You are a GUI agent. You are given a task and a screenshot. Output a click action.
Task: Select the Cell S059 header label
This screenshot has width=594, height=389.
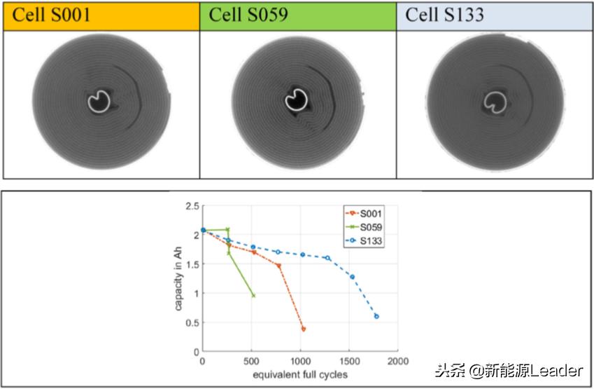[x=248, y=15]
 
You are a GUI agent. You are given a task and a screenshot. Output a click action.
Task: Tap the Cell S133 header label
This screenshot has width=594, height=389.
[x=444, y=15]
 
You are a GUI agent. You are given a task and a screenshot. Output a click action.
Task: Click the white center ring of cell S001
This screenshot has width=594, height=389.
[x=99, y=102]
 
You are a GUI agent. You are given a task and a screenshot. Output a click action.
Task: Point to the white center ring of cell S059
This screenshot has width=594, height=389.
[x=297, y=102]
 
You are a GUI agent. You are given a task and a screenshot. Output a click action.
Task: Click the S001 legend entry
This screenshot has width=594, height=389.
[x=371, y=213]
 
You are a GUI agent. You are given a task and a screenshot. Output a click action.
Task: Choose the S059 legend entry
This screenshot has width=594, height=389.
[x=371, y=227]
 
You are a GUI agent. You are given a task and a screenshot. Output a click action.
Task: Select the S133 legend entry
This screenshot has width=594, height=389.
[x=371, y=241]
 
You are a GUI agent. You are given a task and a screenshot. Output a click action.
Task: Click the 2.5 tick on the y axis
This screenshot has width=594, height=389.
[x=190, y=206]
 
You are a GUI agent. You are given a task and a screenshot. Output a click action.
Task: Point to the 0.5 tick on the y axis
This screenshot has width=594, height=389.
[x=190, y=322]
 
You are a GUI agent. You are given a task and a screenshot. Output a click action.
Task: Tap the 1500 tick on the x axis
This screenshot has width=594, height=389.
[x=349, y=361]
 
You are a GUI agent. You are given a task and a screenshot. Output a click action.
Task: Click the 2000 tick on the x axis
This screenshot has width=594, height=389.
[x=398, y=361]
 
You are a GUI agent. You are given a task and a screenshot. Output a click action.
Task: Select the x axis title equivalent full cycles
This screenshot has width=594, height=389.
[x=300, y=375]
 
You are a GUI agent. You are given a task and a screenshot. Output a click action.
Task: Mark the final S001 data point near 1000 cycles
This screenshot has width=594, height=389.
[x=304, y=329]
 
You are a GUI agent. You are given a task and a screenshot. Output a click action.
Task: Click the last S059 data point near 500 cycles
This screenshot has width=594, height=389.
[x=253, y=296]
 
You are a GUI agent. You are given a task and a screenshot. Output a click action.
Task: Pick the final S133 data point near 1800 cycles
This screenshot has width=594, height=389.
[x=376, y=316]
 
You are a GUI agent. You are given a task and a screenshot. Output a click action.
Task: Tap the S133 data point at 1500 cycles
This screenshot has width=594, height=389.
[x=352, y=277]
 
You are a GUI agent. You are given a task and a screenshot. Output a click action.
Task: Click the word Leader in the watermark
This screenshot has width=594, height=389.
[x=558, y=370]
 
